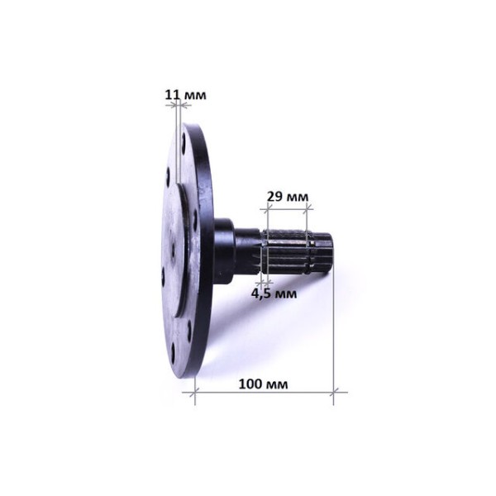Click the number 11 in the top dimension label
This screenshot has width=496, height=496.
click(x=173, y=94)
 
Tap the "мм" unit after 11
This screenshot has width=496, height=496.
click(x=195, y=95)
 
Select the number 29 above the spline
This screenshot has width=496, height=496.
click(x=274, y=197)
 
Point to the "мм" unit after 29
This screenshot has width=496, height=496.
click(x=297, y=198)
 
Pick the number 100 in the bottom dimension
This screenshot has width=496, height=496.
click(x=250, y=384)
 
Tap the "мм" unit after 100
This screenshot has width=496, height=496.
click(x=277, y=385)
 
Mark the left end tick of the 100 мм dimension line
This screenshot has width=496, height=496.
click(x=195, y=393)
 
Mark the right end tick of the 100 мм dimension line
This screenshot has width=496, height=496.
click(x=334, y=393)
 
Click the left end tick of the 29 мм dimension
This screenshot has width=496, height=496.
click(x=268, y=208)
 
